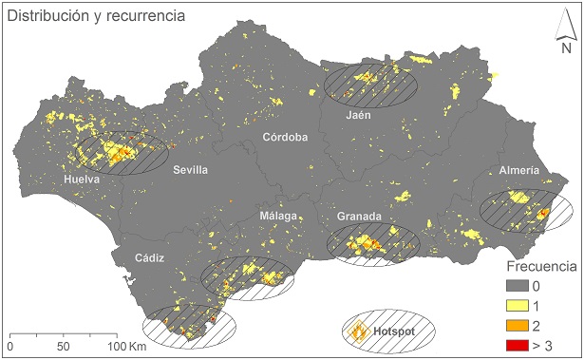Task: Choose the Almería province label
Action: click(x=518, y=170)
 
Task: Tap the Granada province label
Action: click(x=359, y=217)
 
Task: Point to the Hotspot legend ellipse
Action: click(x=387, y=331)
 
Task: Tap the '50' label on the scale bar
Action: click(x=63, y=348)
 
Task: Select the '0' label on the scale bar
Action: click(x=9, y=348)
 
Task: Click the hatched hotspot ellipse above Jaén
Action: click(x=370, y=84)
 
